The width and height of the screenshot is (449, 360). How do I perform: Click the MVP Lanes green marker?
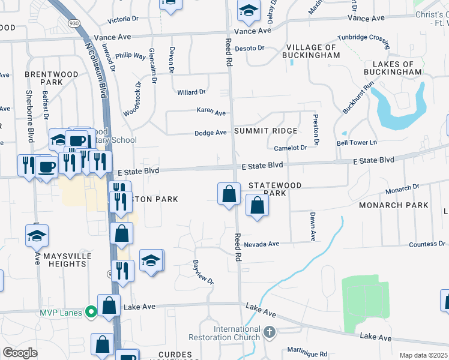(x=91, y=312)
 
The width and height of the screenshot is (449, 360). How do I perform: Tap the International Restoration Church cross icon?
(x=270, y=331)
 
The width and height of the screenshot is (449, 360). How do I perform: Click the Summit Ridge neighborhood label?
(x=266, y=131)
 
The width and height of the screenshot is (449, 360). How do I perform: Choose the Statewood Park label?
(x=276, y=190)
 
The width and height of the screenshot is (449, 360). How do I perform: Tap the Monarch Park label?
(x=394, y=205)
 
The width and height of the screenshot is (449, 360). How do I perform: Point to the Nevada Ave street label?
(x=262, y=244)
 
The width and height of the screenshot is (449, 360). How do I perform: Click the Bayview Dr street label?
(x=203, y=272)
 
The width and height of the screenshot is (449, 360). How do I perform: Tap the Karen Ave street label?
(x=211, y=112)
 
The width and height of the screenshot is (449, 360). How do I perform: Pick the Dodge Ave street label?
(x=210, y=133)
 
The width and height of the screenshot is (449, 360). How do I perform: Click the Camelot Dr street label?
(x=291, y=148)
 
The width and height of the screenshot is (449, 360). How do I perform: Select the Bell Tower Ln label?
(x=357, y=142)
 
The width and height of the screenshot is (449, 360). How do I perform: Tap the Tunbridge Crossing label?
(x=364, y=37)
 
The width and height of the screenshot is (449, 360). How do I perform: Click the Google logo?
(x=20, y=353)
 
